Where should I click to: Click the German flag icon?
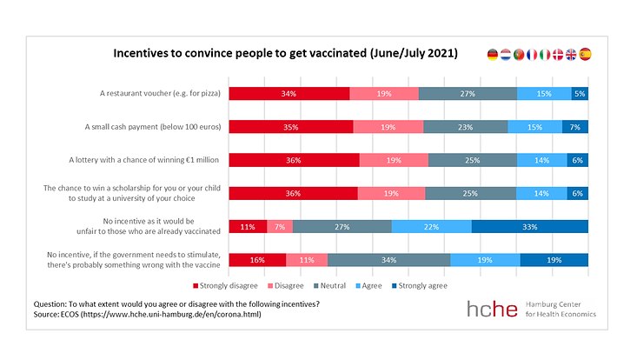494,54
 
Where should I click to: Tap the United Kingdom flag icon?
571,54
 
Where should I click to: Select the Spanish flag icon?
585,54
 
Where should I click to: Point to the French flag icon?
532,54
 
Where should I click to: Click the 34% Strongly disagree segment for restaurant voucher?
289,94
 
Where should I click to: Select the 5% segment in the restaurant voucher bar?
580,94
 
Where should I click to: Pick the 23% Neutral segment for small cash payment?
465,127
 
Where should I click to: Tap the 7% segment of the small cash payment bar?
575,127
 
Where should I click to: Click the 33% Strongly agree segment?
530,227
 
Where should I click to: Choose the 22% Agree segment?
431,227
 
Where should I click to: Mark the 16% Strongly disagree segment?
256,260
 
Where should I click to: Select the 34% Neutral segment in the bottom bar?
388,260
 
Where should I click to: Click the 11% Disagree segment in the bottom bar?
307,260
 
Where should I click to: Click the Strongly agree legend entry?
421,284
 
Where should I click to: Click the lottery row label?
145,160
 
